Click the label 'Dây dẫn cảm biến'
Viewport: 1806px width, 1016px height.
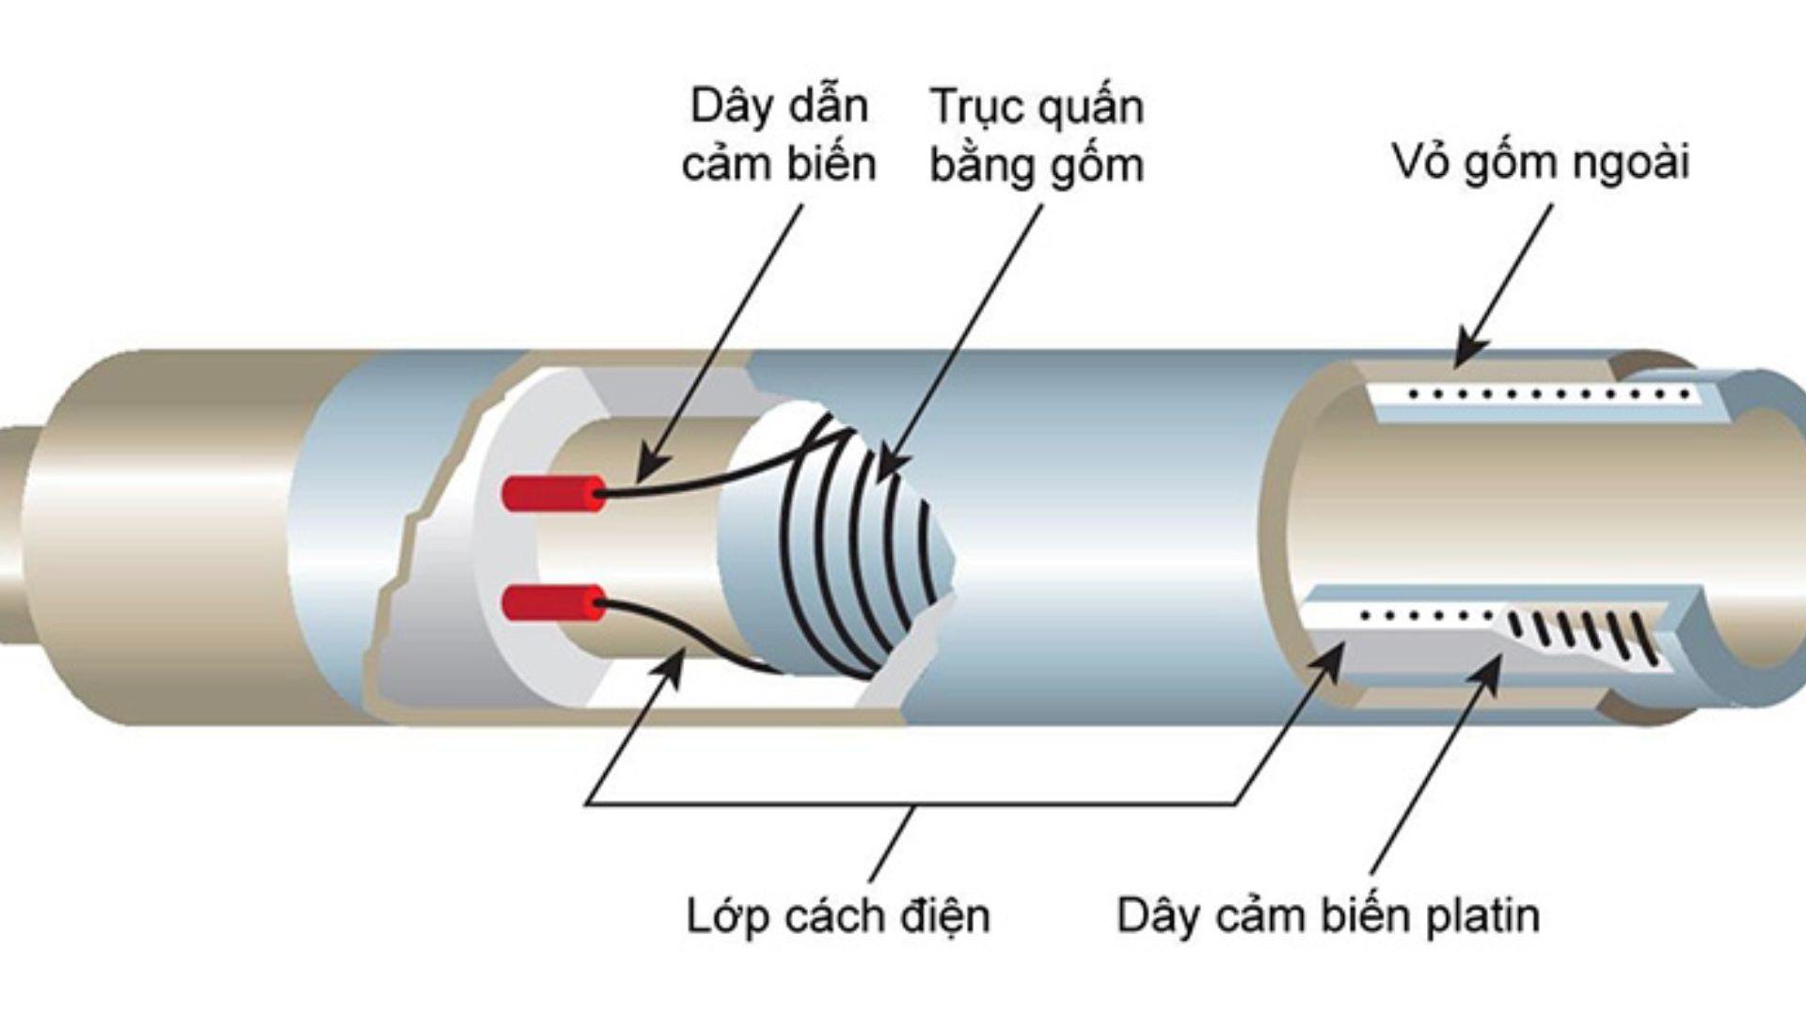tap(779, 135)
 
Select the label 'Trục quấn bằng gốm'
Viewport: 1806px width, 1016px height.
tap(1037, 135)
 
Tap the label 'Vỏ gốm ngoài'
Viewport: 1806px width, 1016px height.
tap(1540, 162)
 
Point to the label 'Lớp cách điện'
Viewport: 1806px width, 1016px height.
tap(837, 915)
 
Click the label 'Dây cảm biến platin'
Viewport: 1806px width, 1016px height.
tap(1327, 915)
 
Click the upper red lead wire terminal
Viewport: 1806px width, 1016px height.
tap(552, 493)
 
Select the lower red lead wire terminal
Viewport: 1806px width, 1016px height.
tap(552, 603)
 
